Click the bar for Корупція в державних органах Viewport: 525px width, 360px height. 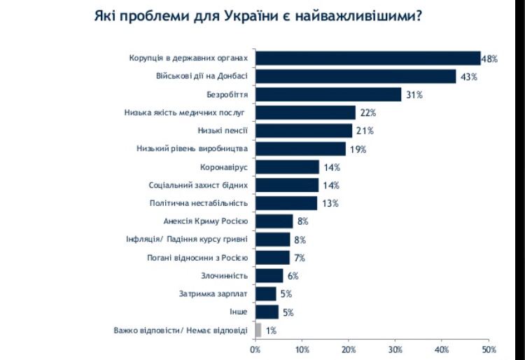(x=368, y=57)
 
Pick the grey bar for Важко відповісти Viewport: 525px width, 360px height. (x=258, y=330)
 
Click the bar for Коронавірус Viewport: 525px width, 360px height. (x=288, y=167)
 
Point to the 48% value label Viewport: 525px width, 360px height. (x=489, y=59)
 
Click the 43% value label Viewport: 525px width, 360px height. (x=467, y=77)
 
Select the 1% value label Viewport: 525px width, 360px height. (x=271, y=331)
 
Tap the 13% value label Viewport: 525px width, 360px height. (x=330, y=204)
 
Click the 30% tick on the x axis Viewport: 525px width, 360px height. (x=395, y=349)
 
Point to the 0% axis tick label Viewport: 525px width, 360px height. (x=255, y=349)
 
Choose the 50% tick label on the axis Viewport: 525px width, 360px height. (x=489, y=349)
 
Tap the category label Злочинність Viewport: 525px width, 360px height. (x=225, y=276)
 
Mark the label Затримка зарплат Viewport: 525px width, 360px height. (x=215, y=294)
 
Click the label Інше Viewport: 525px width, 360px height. (x=239, y=312)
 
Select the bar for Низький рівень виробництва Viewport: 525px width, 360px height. (x=301, y=148)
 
